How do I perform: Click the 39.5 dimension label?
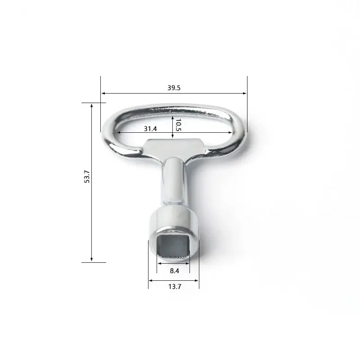pyautogui.click(x=174, y=88)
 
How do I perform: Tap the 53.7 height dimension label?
pyautogui.click(x=87, y=176)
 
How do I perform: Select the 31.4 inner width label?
pyautogui.click(x=150, y=129)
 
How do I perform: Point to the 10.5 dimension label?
pyautogui.click(x=178, y=125)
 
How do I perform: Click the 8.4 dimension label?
pyautogui.click(x=174, y=271)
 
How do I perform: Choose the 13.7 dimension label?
pyautogui.click(x=175, y=287)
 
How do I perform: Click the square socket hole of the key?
pyautogui.click(x=173, y=245)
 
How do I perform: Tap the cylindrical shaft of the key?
pyautogui.click(x=174, y=181)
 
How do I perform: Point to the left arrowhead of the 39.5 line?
pyautogui.click(x=103, y=93)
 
